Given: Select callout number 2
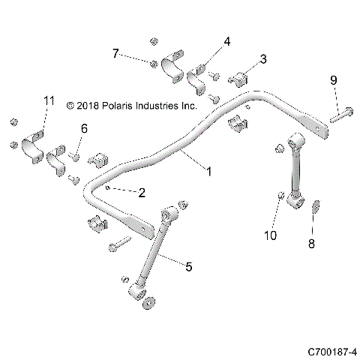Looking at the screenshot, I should pyautogui.click(x=141, y=192).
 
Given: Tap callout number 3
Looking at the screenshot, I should pyautogui.click(x=263, y=59).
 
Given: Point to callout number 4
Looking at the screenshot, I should pyautogui.click(x=226, y=42).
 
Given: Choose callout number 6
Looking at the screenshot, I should pyautogui.click(x=84, y=129).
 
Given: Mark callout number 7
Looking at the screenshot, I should pyautogui.click(x=115, y=53).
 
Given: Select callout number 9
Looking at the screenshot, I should pyautogui.click(x=334, y=79).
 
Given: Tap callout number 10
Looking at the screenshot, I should pyautogui.click(x=271, y=235).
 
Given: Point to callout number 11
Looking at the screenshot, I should pyautogui.click(x=49, y=100).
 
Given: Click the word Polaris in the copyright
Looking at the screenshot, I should pyautogui.click(x=121, y=106).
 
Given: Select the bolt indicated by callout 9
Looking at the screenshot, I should pyautogui.click(x=338, y=116).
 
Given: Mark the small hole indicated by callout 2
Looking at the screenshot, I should pyautogui.click(x=110, y=188).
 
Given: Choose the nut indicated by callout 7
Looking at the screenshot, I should pyautogui.click(x=153, y=63).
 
